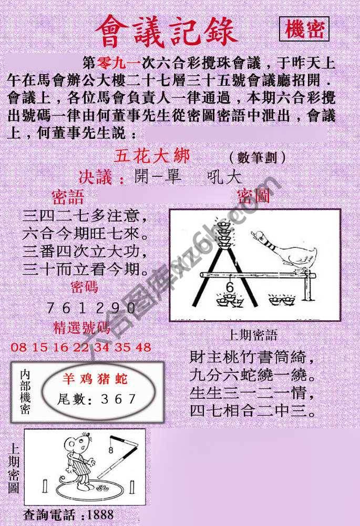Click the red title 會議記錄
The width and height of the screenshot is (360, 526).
(x=166, y=32)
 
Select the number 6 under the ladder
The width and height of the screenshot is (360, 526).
(x=229, y=287)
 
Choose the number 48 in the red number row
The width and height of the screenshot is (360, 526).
(x=142, y=347)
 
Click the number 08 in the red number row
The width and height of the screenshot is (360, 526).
(x=19, y=347)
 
